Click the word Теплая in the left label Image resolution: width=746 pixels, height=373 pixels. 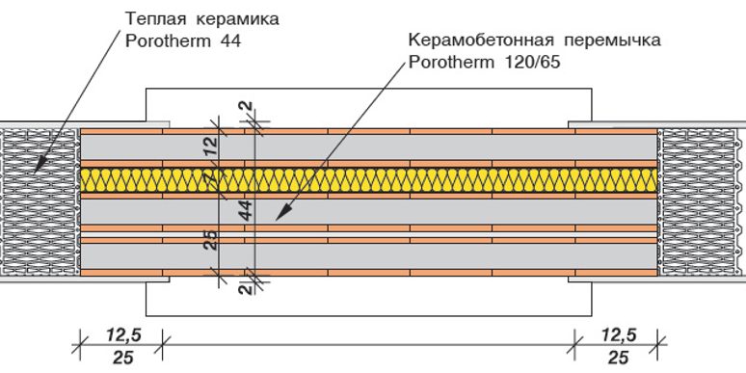click(153, 19)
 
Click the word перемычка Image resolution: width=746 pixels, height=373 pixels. click(614, 41)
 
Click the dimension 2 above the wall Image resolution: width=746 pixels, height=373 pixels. click(247, 107)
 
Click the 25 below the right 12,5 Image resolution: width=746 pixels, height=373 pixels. click(617, 358)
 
